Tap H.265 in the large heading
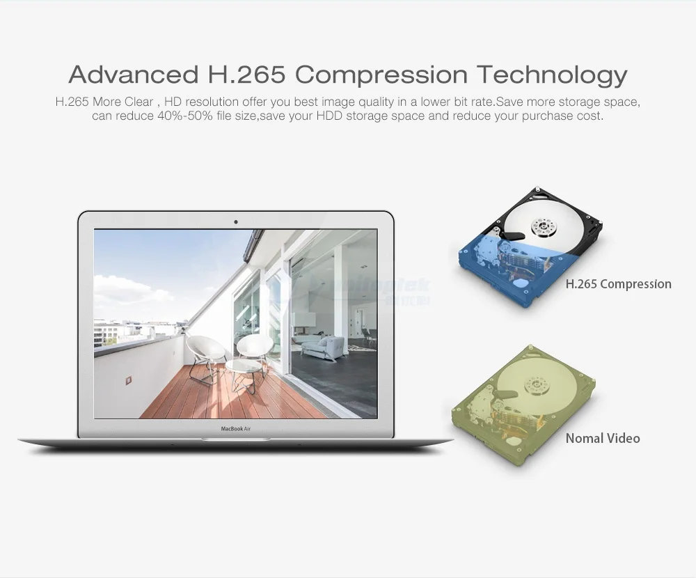pos(248,74)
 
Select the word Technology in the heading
pos(552,74)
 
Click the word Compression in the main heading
pos(381,74)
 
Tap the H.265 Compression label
pos(618,284)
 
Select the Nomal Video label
pos(603,438)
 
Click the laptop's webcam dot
pos(236,222)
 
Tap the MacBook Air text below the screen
pos(236,429)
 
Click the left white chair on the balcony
pos(206,352)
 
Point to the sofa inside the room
pos(324,346)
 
